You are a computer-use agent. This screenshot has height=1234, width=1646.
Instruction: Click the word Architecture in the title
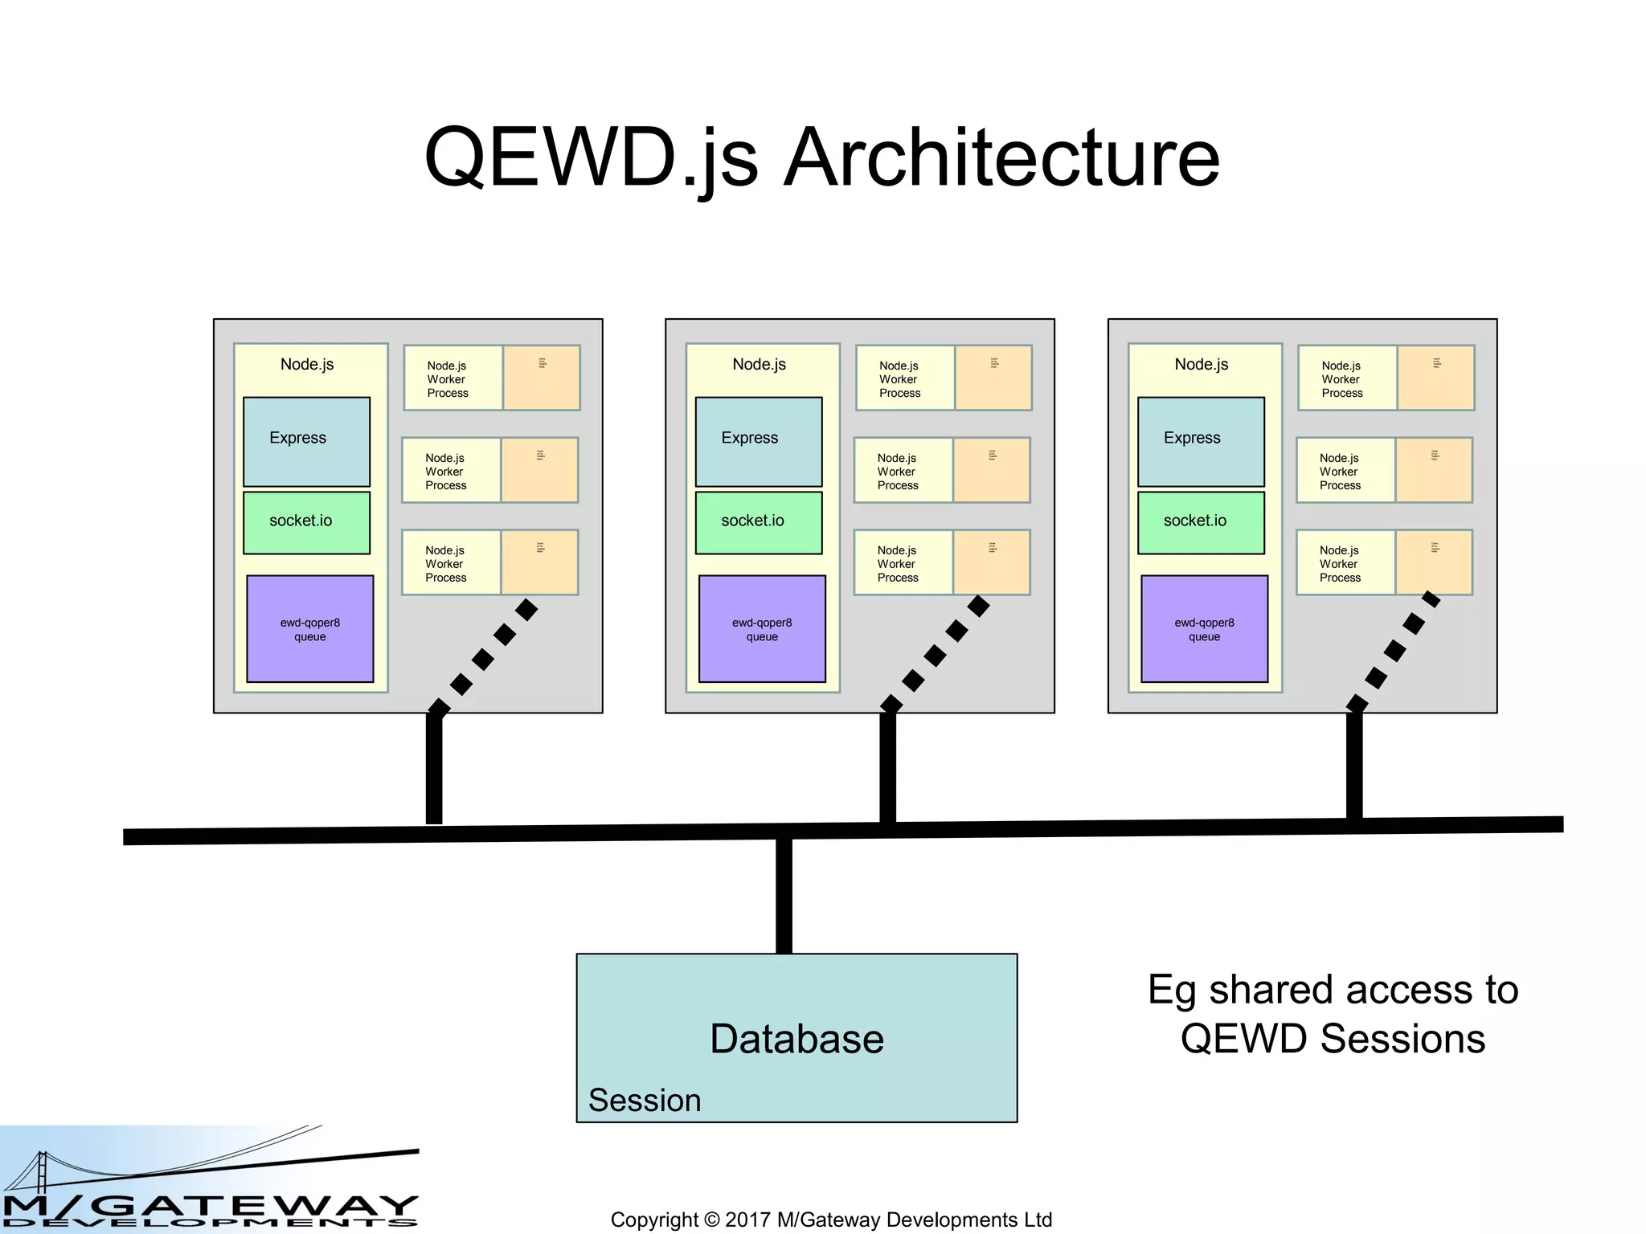pos(1001,158)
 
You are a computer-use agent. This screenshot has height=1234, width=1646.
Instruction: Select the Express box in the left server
pos(306,441)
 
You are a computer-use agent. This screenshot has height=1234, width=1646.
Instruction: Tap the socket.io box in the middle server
pos(758,522)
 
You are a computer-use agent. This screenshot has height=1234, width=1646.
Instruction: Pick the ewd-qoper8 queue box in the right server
pos(1204,629)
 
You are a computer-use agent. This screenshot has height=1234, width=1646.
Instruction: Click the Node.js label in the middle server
pos(759,365)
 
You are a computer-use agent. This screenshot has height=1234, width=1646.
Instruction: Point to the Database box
pos(796,1037)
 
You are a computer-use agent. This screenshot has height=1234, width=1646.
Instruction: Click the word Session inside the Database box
pos(645,1100)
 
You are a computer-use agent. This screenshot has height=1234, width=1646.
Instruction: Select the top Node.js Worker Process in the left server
pos(452,378)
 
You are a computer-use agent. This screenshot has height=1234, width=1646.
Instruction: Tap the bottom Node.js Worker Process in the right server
pos(1345,563)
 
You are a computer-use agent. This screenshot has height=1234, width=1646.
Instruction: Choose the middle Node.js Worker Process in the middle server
pos(903,471)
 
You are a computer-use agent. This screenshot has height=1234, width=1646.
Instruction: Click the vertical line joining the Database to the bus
pos(784,896)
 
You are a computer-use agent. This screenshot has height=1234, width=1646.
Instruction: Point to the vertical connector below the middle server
pos(887,767)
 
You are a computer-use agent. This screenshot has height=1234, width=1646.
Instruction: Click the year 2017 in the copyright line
pos(747,1220)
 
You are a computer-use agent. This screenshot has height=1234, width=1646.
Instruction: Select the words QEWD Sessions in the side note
pos(1332,1038)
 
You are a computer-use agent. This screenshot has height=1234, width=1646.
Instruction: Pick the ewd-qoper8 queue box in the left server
pos(309,629)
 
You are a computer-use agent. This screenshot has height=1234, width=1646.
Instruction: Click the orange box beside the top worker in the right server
pos(1435,378)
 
